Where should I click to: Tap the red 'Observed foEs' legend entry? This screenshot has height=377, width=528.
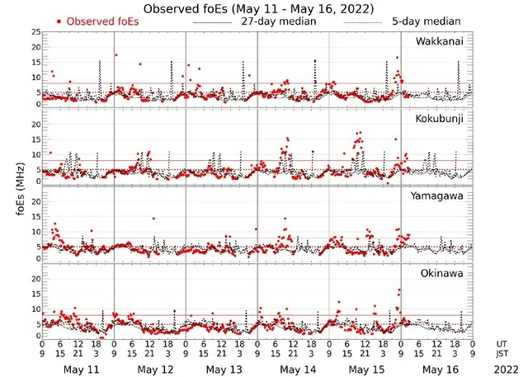point(97,21)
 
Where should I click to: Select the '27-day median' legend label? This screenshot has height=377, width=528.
point(278,21)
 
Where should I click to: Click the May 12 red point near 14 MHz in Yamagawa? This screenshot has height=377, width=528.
point(153,219)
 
